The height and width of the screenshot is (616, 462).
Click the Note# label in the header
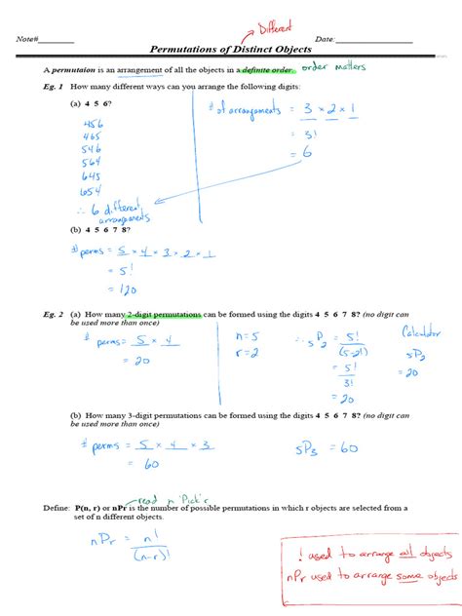[28, 39]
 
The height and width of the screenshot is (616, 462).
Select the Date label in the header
[325, 39]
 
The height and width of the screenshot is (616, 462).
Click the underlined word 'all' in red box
[397, 553]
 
